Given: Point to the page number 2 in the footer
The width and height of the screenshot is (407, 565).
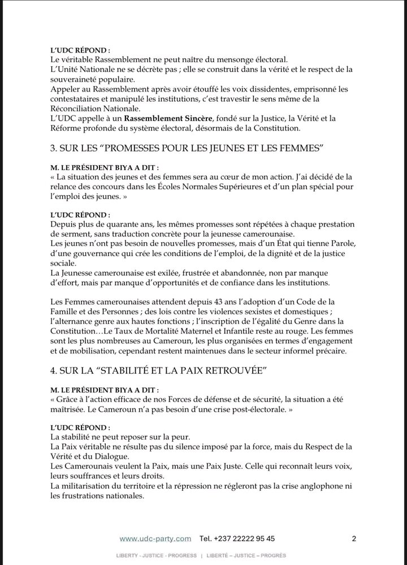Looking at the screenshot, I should pyautogui.click(x=354, y=538).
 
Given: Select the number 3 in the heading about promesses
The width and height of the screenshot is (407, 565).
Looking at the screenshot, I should pyautogui.click(x=53, y=149).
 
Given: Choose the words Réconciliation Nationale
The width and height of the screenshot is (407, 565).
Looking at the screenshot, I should pyautogui.click(x=98, y=109).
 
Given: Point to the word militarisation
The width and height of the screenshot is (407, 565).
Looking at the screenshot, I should pyautogui.click(x=89, y=486).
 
